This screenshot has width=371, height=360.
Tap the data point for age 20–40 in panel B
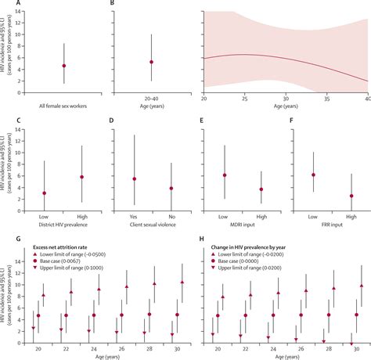(151, 62)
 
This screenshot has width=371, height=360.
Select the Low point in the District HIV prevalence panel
(45, 193)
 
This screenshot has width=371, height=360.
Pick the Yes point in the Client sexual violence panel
(134, 178)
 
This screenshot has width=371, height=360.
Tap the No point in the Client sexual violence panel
(171, 188)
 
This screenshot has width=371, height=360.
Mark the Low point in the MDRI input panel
(224, 175)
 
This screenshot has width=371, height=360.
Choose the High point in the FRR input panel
(351, 196)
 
